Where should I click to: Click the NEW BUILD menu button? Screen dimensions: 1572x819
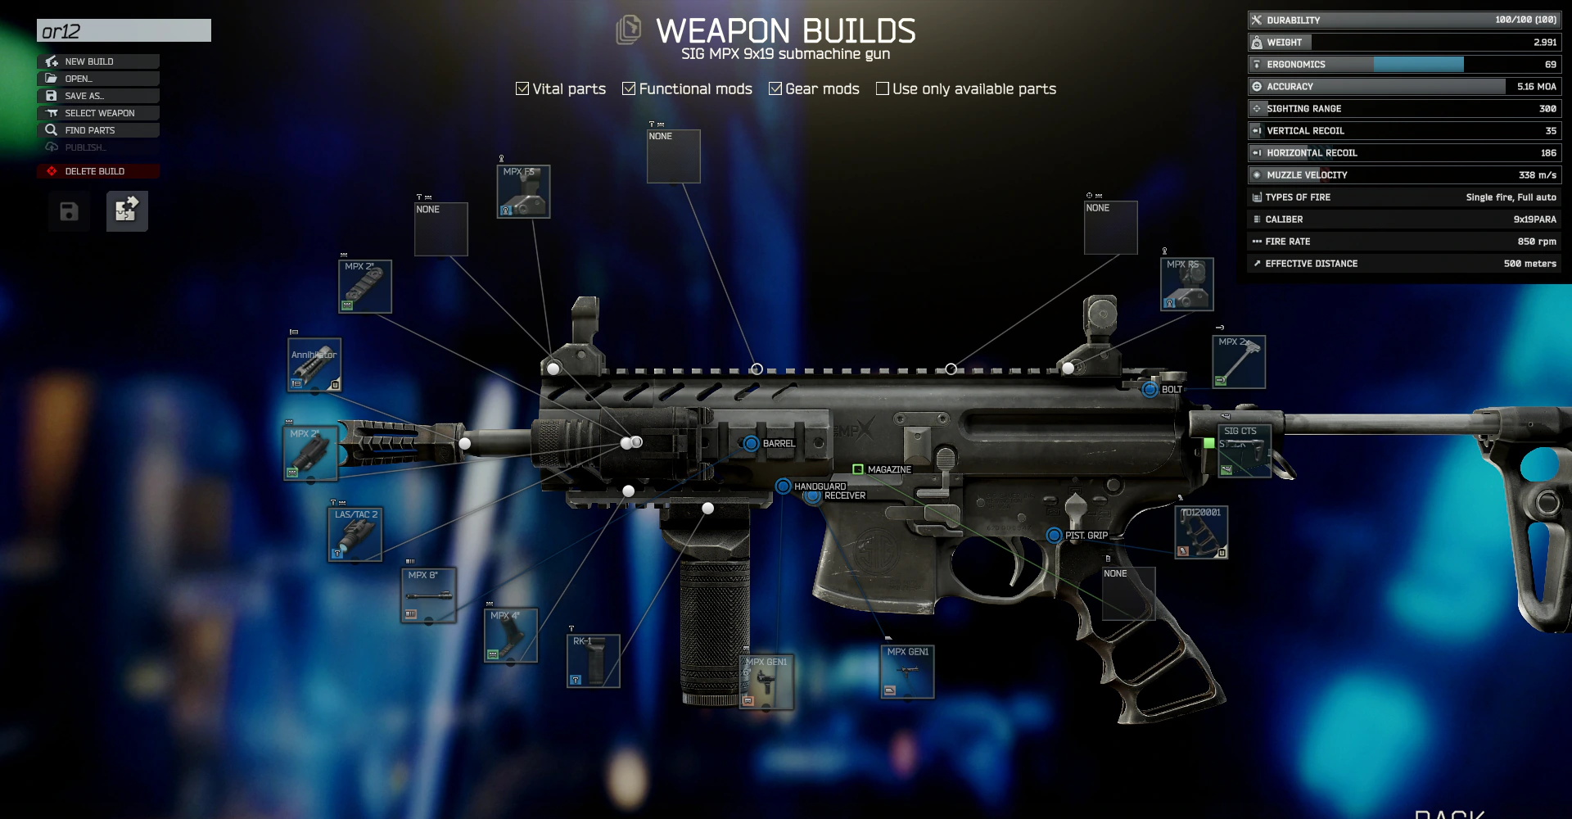pos(98,61)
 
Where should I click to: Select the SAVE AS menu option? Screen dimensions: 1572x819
pos(98,96)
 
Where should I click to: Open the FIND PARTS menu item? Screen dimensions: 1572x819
pos(98,130)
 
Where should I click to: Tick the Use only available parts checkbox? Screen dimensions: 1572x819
pos(883,88)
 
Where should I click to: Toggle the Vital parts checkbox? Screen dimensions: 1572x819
pos(522,88)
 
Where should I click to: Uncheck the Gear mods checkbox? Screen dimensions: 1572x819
pos(775,88)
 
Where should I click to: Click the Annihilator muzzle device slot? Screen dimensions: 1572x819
pos(314,365)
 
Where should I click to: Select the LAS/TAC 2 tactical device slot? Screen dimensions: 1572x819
pos(355,535)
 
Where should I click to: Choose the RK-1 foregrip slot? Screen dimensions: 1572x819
pos(593,661)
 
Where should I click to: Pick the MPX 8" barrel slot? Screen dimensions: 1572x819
pos(428,595)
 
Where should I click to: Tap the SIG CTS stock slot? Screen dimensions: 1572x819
pos(1243,450)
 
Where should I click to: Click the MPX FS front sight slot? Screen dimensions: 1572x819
pos(523,192)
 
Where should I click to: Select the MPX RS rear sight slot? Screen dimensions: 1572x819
pos(1186,284)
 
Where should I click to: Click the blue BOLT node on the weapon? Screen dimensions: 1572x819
pos(1150,389)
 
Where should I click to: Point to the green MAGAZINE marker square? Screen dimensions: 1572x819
pos(858,469)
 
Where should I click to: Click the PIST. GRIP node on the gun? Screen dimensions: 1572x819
pos(1055,536)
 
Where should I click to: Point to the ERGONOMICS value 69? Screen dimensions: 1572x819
pos(1550,65)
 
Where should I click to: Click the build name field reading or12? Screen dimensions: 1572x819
pos(124,31)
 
